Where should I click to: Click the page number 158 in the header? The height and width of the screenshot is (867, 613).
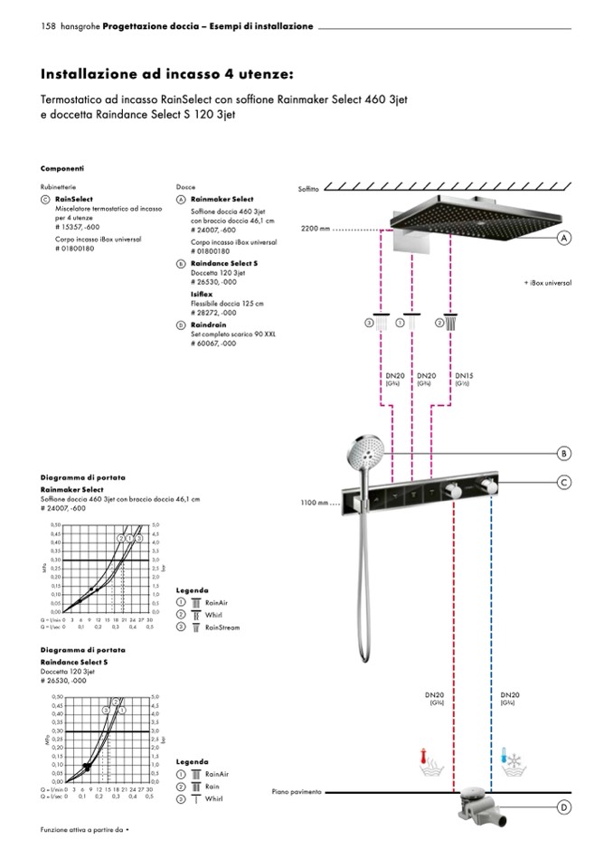pyautogui.click(x=49, y=26)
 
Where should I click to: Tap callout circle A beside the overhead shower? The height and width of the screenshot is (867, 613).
pyautogui.click(x=564, y=238)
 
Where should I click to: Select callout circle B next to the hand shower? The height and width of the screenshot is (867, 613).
pyautogui.click(x=564, y=453)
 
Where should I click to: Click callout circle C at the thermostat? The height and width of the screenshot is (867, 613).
pyautogui.click(x=564, y=483)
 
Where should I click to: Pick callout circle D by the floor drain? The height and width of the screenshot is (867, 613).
pyautogui.click(x=564, y=807)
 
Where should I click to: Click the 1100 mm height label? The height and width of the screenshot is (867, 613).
pyautogui.click(x=316, y=503)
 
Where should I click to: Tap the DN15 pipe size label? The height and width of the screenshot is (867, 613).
pyautogui.click(x=463, y=374)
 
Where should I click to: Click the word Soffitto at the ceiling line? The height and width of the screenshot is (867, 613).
pyautogui.click(x=310, y=188)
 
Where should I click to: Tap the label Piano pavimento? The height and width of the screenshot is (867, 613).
pyautogui.click(x=297, y=791)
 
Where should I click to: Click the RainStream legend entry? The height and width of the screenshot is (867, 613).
pyautogui.click(x=222, y=627)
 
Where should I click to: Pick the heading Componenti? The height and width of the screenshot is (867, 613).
pyautogui.click(x=62, y=168)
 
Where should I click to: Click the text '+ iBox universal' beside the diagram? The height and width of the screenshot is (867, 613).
pyautogui.click(x=547, y=282)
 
